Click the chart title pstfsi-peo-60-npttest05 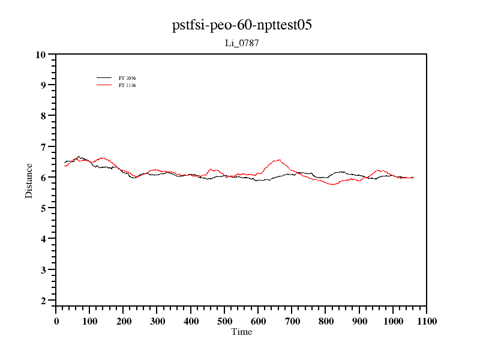(242, 25)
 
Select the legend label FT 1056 (127, 78)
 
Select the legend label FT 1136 (127, 85)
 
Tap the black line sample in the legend (104, 78)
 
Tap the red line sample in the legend (104, 85)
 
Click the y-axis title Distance (29, 180)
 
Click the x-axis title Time (242, 332)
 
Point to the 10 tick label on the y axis (41, 55)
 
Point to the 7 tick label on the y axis (43, 147)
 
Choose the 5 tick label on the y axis (43, 208)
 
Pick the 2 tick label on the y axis (43, 301)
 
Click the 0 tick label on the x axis (56, 321)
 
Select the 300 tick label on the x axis (157, 321)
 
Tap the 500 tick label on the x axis (224, 321)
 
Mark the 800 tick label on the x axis (326, 321)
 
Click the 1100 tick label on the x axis (427, 321)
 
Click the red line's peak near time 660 (278, 160)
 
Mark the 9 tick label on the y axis (43, 85)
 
